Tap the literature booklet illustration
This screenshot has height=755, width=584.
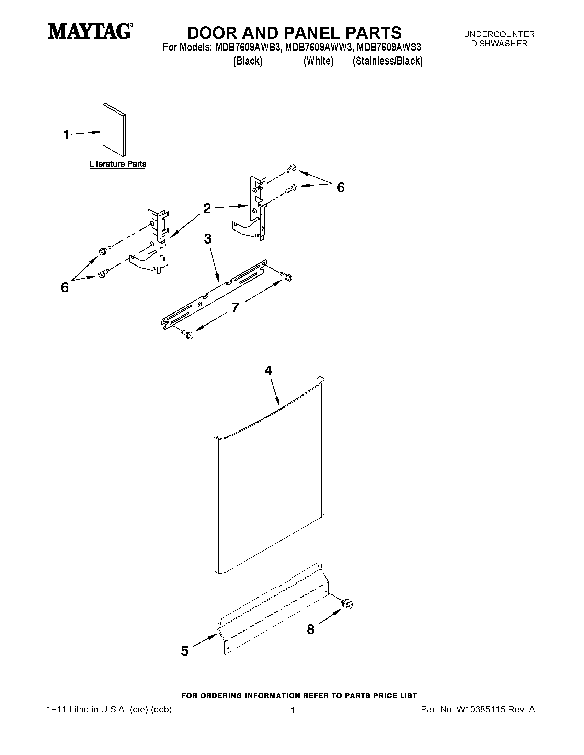point(114,130)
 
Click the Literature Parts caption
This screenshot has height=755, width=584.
point(118,164)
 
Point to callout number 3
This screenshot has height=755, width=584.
point(208,238)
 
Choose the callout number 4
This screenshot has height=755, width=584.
point(268,370)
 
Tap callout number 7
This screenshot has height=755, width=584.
point(235,307)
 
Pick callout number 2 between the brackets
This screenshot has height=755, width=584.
point(207,208)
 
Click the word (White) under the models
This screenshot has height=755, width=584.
point(318,61)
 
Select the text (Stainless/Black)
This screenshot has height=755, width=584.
point(388,61)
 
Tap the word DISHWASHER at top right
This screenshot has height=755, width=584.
point(499,44)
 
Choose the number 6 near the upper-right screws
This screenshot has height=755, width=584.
point(341,187)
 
